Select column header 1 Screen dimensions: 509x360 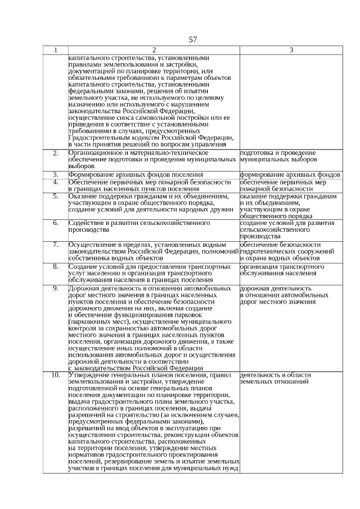[55, 51]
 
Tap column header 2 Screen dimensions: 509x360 [154, 51]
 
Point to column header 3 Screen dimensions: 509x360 [291, 51]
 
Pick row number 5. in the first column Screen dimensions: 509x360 [55, 196]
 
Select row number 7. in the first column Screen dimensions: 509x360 [55, 245]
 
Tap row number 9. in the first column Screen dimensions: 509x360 [55, 289]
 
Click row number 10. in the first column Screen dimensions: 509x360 [55, 375]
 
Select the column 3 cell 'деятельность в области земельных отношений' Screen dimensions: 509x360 [274, 378]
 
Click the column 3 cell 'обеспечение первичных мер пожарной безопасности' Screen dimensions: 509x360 [283, 186]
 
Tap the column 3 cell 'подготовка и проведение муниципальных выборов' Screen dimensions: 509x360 [277, 156]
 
